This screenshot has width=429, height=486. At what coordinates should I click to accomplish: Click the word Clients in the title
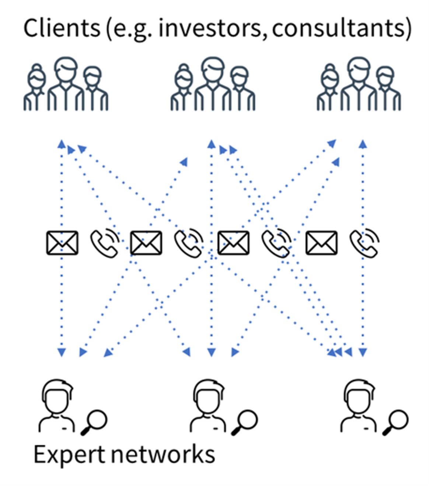pos(62,28)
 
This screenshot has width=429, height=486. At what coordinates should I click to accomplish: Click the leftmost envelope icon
pos(62,243)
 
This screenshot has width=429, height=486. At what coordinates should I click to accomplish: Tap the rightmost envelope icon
pos(322,243)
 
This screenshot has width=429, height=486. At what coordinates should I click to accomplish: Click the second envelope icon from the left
pos(146,243)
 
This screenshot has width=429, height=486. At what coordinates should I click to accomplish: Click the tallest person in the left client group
pos(66,84)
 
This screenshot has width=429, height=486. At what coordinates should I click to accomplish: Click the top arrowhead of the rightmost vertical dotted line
pos(363,144)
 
